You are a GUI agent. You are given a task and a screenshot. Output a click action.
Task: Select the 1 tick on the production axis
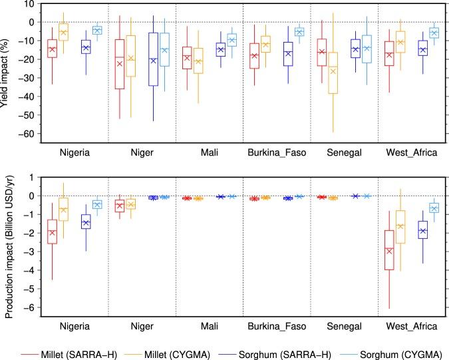(33, 177)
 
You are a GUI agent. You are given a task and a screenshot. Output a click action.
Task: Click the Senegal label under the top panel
(342, 152)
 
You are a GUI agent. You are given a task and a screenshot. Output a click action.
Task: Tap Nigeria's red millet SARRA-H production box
(52, 231)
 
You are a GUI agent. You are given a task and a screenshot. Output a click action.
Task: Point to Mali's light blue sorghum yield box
(231, 40)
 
